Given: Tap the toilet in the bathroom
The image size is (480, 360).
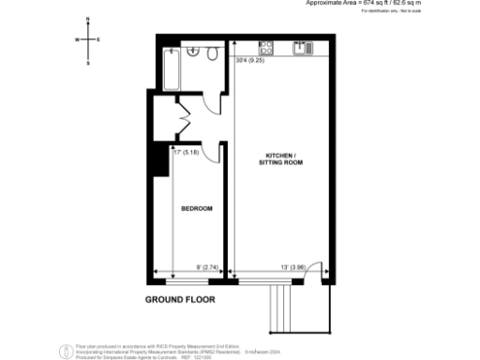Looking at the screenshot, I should [212, 55].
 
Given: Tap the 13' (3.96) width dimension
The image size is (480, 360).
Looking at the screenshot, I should [293, 268].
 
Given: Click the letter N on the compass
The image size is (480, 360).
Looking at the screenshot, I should [87, 19].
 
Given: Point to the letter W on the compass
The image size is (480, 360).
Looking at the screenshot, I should [78, 39].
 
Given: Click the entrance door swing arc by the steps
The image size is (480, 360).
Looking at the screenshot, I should [315, 268].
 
